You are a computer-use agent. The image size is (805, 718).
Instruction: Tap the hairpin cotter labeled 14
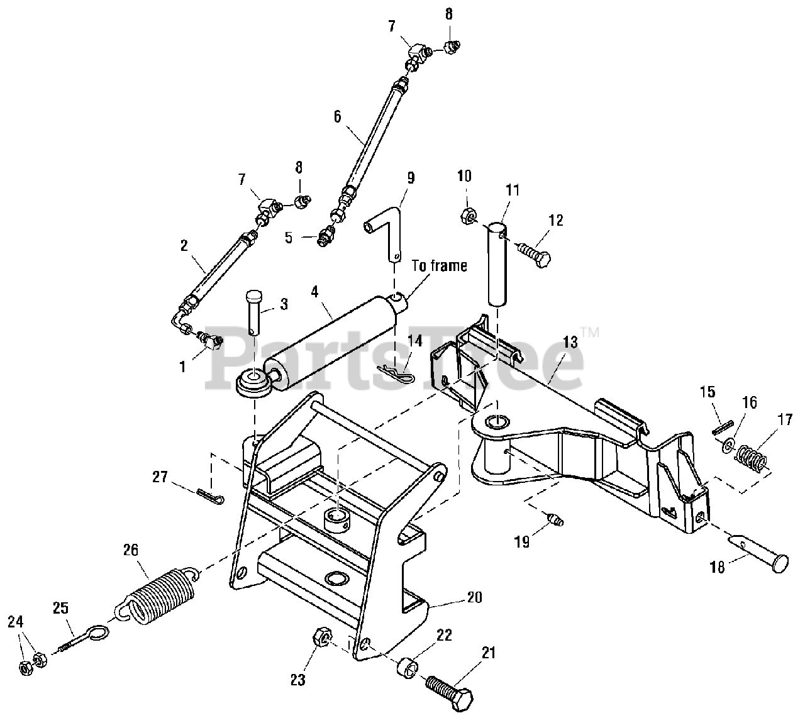396,372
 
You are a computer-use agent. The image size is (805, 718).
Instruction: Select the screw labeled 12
533,252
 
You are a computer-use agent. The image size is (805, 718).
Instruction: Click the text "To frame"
439,265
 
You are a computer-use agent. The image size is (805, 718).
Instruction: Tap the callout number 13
570,342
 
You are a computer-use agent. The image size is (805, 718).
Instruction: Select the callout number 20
474,609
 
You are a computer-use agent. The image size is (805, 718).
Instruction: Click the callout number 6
337,117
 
